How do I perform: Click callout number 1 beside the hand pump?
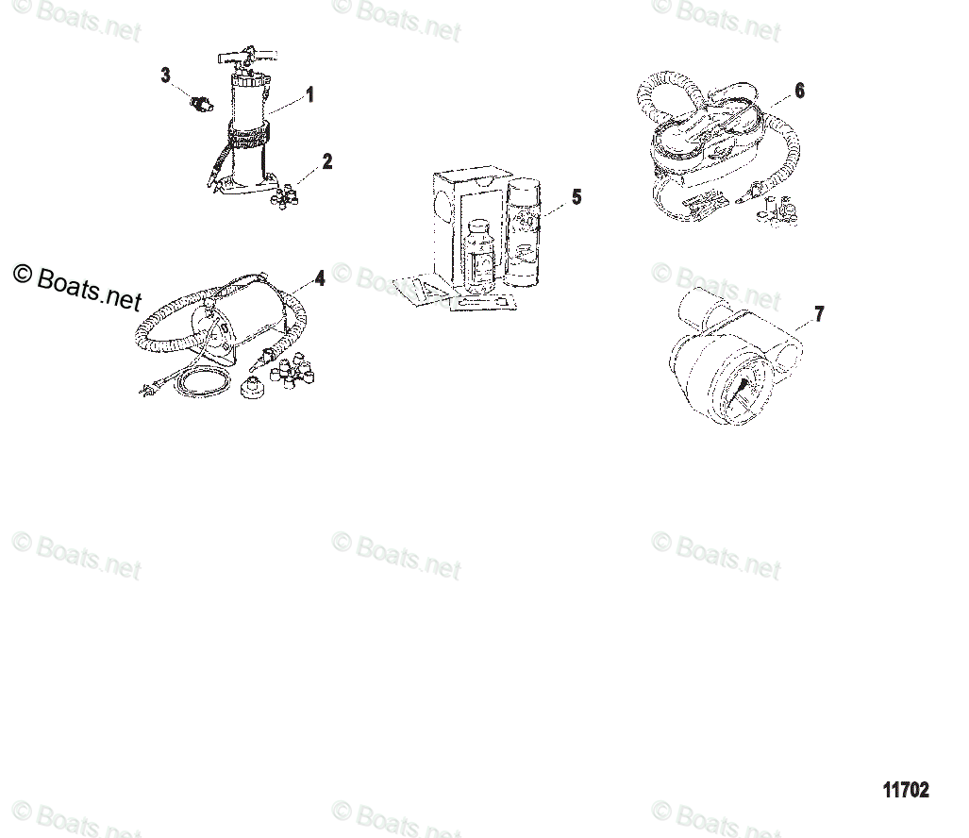click(309, 94)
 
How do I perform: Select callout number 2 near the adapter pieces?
click(327, 161)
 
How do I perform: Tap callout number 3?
click(165, 75)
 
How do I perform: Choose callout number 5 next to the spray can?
click(576, 197)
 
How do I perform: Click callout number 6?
click(799, 91)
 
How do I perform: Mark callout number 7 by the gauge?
click(819, 314)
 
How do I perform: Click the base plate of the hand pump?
click(240, 190)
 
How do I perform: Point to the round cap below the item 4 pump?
click(253, 388)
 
